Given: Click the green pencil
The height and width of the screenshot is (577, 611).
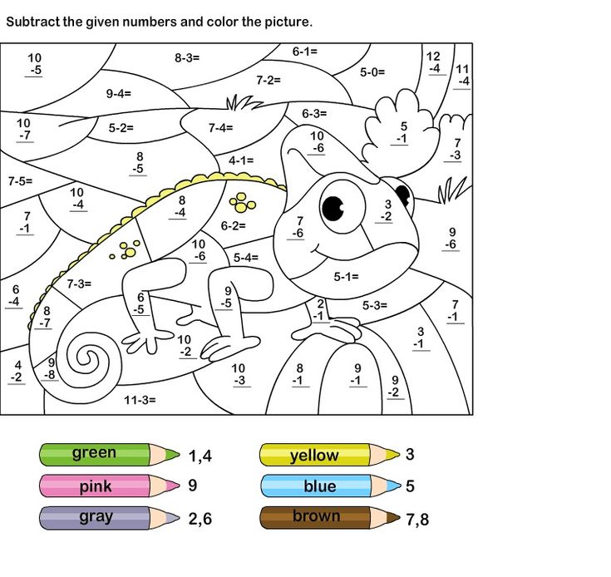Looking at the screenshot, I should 108,454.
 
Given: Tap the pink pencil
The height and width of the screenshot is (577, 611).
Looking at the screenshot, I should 108,486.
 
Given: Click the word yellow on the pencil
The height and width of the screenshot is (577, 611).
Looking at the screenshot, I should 313,455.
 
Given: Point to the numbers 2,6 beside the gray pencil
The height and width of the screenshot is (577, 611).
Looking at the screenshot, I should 200,519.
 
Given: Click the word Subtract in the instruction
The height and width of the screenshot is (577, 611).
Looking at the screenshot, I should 33,22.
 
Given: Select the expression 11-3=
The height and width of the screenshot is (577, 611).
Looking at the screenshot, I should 140,400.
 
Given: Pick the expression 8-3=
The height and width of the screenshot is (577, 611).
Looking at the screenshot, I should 187,58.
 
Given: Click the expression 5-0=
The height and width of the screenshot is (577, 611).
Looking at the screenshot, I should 372,72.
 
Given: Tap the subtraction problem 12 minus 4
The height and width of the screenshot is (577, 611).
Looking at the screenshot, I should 434,62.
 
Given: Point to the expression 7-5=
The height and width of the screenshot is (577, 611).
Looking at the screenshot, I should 20,180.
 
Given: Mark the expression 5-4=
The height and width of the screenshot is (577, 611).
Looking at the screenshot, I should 246,258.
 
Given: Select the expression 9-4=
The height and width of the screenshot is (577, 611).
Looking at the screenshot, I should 119,94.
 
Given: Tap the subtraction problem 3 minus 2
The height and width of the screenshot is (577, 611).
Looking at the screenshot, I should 387,210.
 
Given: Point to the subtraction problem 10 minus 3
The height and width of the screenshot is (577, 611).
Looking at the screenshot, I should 239,375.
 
